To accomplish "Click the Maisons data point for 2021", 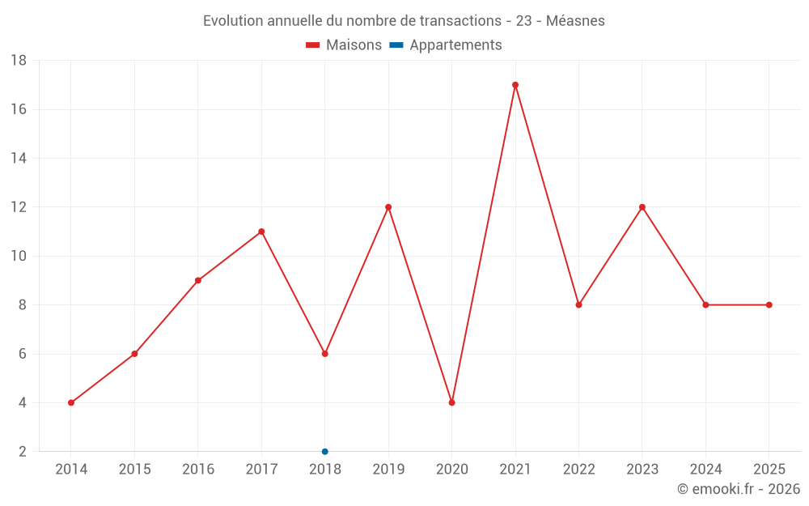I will click(x=515, y=85).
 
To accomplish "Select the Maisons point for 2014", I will click(x=71, y=402).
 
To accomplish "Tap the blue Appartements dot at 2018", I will click(x=325, y=451).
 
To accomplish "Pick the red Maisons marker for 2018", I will click(x=325, y=354).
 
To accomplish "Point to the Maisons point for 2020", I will click(x=451, y=402).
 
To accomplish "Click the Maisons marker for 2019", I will click(x=388, y=207).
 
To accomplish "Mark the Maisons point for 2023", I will click(x=642, y=207).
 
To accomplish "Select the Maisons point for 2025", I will click(x=769, y=305).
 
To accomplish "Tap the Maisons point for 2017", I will click(x=261, y=232).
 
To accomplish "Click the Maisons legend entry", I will click(x=344, y=45).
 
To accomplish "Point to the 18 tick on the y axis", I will click(x=19, y=61).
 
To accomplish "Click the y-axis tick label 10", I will click(x=19, y=256).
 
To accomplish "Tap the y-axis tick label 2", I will click(x=23, y=452).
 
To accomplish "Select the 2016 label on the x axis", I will click(x=198, y=470).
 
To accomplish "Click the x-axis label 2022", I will click(x=578, y=470).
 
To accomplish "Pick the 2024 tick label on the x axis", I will click(x=705, y=470).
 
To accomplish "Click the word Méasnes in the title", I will click(x=575, y=21).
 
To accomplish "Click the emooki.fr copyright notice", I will click(x=738, y=489).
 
